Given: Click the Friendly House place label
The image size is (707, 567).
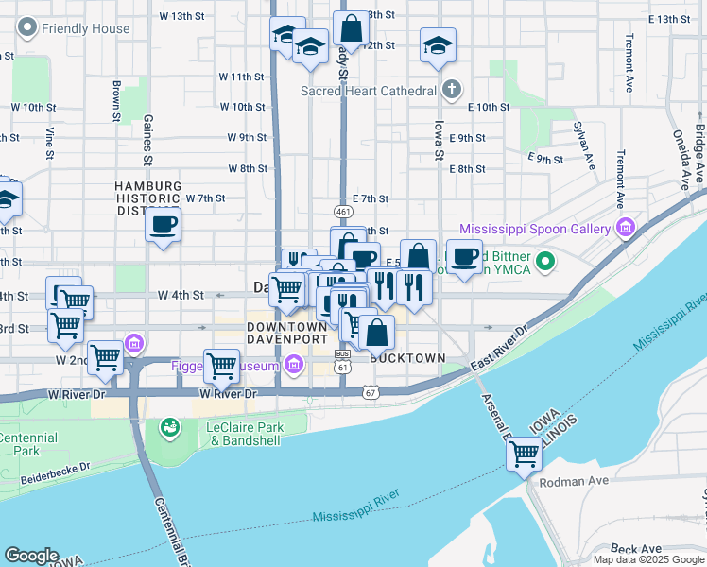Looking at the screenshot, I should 84,28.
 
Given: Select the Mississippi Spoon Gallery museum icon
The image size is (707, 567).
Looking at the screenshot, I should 625,229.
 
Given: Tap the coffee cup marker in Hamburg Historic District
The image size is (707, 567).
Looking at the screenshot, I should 163,225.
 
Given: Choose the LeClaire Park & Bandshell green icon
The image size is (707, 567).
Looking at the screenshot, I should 170,428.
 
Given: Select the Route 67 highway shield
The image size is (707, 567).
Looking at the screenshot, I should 369,391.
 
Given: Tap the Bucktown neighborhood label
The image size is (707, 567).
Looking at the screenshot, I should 407,359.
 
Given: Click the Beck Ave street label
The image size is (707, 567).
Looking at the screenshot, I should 635,548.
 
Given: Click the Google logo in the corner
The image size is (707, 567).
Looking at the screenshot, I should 32,555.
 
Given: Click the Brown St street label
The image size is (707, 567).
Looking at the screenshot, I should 115,101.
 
